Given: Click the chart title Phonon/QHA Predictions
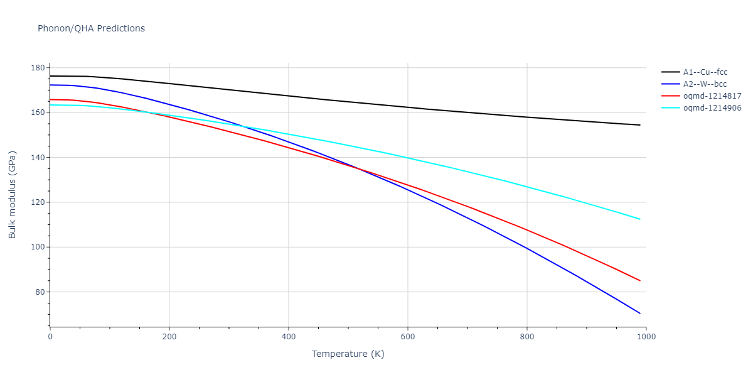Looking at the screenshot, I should [91, 28].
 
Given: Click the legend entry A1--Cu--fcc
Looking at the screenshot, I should [705, 72].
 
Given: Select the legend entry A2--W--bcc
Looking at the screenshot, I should [705, 84].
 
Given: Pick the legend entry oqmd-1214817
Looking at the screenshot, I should [712, 96].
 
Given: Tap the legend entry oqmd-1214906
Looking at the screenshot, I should [712, 108].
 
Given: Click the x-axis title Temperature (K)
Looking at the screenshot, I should [348, 354].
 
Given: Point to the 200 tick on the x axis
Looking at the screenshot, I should [169, 337].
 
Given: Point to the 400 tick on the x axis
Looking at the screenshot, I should [288, 337].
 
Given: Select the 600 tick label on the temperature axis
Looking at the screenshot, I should [407, 337].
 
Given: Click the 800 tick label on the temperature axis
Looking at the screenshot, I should [526, 337].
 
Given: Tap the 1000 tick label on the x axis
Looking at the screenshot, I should [646, 337].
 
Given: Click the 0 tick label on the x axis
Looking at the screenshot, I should [50, 337].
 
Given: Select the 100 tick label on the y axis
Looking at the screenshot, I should [38, 247].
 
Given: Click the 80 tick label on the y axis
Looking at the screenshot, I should [40, 292].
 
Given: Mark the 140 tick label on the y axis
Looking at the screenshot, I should [38, 158].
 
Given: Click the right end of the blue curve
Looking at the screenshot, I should [640, 313].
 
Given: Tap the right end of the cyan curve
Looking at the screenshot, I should [640, 219].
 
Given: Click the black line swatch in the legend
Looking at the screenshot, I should [671, 72].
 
